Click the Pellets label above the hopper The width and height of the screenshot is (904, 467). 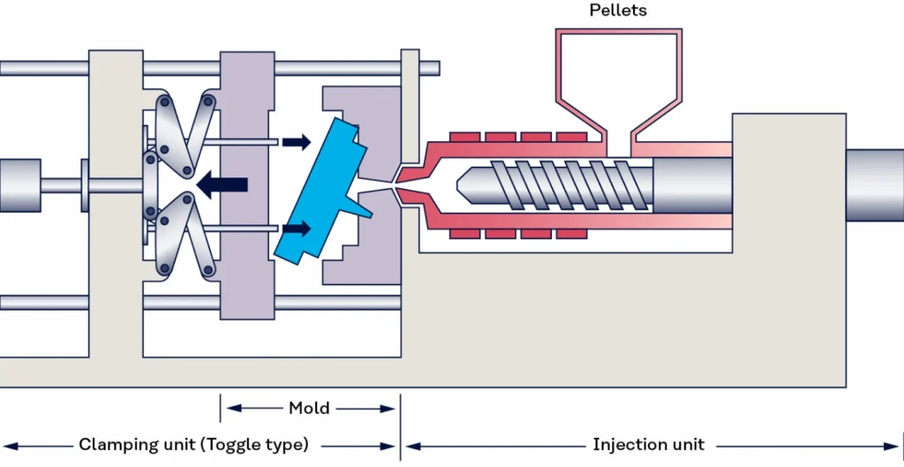coord(617,11)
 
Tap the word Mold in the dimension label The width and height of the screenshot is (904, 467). coord(309,408)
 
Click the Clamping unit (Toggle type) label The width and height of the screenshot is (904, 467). coord(193,444)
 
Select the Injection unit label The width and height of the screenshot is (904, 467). coord(649,444)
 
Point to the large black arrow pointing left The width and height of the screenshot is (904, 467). coord(221,185)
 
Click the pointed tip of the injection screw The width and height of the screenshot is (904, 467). coord(462,185)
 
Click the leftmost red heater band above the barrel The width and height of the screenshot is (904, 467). coord(463,137)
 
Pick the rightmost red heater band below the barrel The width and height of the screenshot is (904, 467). coord(571,233)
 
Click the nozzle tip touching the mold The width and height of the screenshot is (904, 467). coord(399,185)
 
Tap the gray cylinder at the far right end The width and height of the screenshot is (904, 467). coord(874,185)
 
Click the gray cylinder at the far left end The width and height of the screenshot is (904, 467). coord(19,185)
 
